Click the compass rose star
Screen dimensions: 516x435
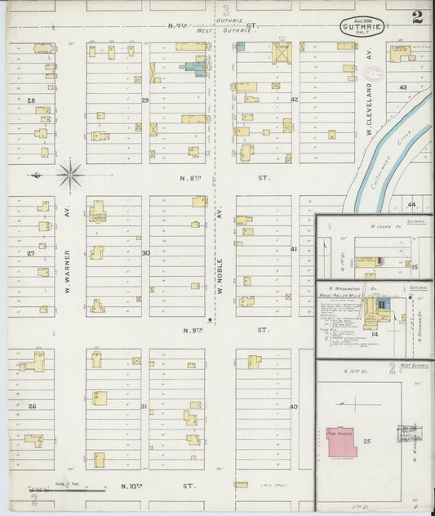(71, 174)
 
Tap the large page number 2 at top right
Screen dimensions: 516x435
(417, 17)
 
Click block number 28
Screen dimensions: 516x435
(31, 100)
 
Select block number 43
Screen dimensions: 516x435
(402, 87)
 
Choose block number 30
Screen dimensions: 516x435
(145, 253)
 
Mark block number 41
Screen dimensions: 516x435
(294, 249)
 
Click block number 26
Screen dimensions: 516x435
(33, 406)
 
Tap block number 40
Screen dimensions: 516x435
(294, 406)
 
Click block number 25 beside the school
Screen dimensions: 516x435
(367, 441)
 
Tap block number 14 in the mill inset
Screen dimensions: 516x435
(375, 333)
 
